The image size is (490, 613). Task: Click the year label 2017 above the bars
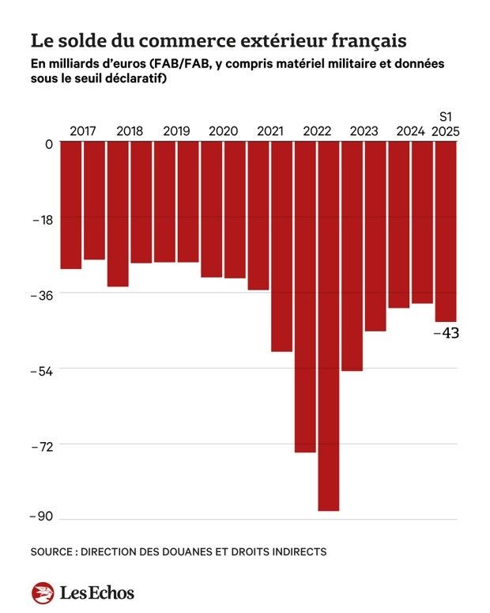(x=83, y=131)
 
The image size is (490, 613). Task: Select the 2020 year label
(x=223, y=131)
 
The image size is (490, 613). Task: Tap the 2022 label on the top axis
(x=317, y=131)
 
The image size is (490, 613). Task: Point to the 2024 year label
(x=410, y=131)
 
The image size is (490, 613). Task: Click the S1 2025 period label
(x=447, y=123)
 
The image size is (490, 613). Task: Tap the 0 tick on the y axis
(x=49, y=144)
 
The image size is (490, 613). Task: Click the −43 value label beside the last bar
(x=447, y=333)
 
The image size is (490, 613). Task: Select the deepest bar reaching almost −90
(x=329, y=327)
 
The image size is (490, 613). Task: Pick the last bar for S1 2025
(x=446, y=233)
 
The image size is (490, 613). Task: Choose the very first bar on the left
(x=71, y=206)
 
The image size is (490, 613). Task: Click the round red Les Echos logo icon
(x=43, y=592)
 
